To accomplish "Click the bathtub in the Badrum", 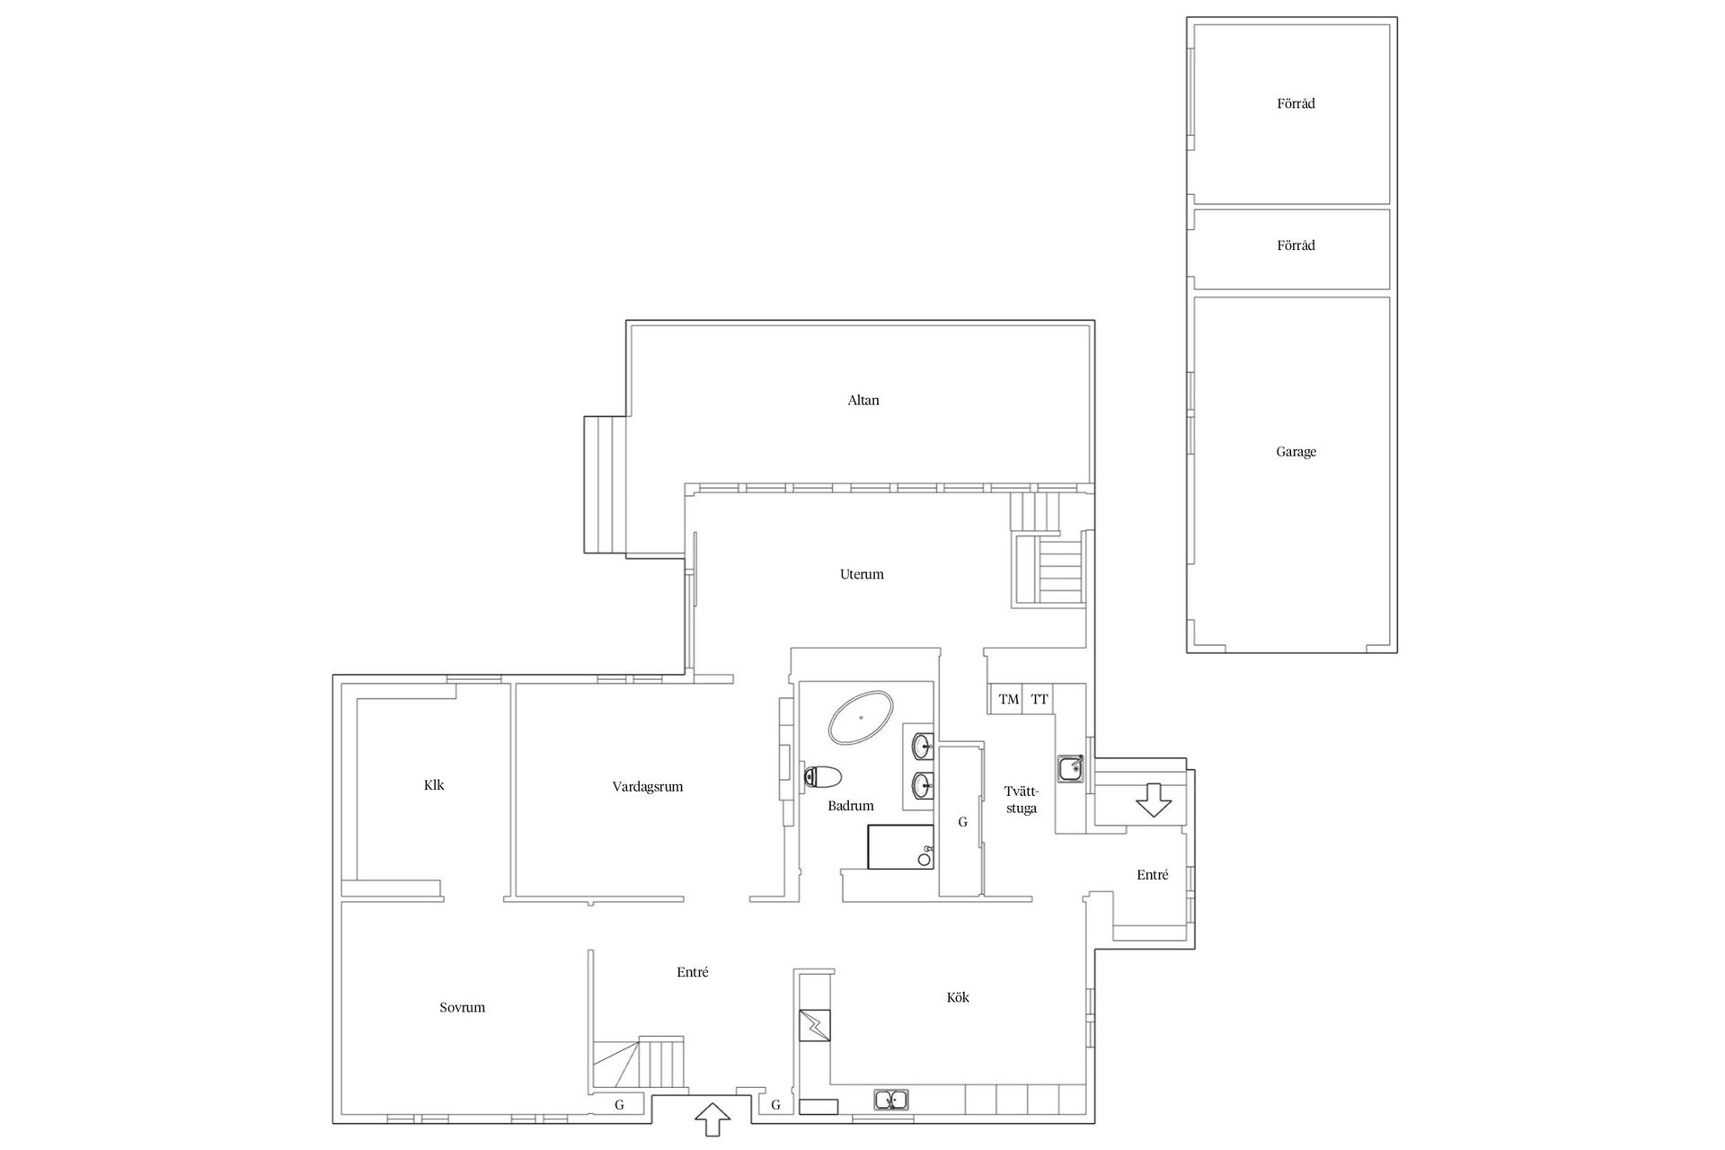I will coord(861,717).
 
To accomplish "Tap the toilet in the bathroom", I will coord(823,776).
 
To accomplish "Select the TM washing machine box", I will coord(1008,699).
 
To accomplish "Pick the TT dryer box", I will coord(1039,699).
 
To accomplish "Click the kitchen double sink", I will coord(891,1099).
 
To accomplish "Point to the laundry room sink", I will coord(1069,768).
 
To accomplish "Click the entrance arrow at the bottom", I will coord(712,1119).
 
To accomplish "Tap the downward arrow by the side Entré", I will coord(1154,800).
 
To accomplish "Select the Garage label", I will coord(1296,452).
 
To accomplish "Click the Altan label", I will coord(863,401).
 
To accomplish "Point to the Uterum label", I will coord(862,574).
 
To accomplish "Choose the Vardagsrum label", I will coord(648,787).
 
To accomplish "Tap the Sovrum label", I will coord(462,1008).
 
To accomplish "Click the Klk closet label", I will coord(434,785).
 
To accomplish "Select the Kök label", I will coord(958,997).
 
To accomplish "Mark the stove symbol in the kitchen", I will coord(815,1025).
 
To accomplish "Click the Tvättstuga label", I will coord(1022,800).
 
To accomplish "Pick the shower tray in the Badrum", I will coord(900,847).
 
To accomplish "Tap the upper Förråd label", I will coord(1296,104).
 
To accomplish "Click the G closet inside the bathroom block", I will coord(962,821).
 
